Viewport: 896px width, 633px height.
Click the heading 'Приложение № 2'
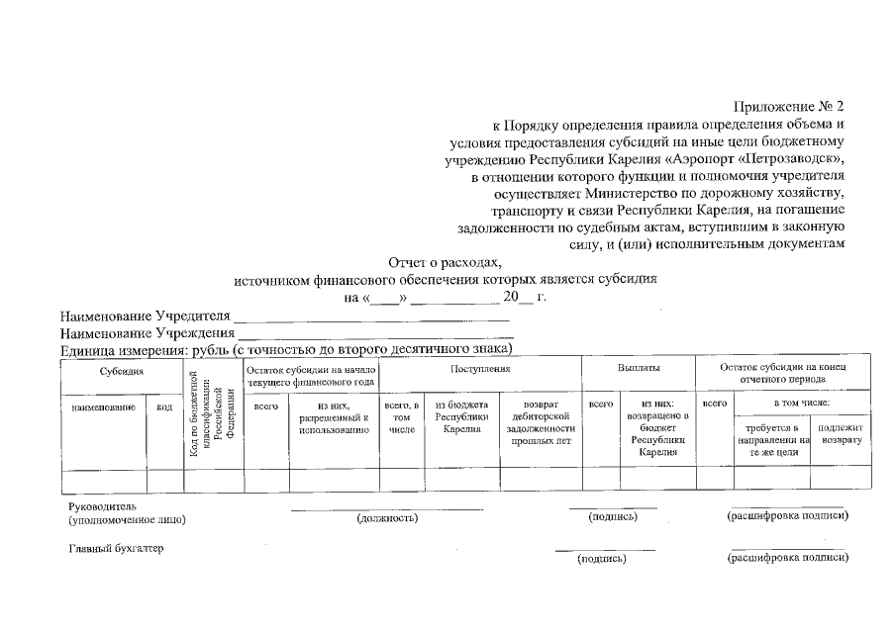tap(787, 106)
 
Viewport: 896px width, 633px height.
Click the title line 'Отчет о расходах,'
tap(446, 262)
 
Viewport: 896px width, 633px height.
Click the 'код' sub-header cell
tap(164, 406)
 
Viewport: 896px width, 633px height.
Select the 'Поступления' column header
tap(480, 368)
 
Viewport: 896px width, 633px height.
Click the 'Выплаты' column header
tap(639, 368)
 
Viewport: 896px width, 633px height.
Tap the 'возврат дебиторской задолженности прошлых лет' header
tap(539, 423)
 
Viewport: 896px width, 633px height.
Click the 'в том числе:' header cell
tap(802, 404)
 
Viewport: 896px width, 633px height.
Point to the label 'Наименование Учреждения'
tap(145, 333)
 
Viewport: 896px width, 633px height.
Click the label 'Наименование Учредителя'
tap(145, 316)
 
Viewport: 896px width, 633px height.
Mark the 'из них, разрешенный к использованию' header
tap(334, 417)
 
